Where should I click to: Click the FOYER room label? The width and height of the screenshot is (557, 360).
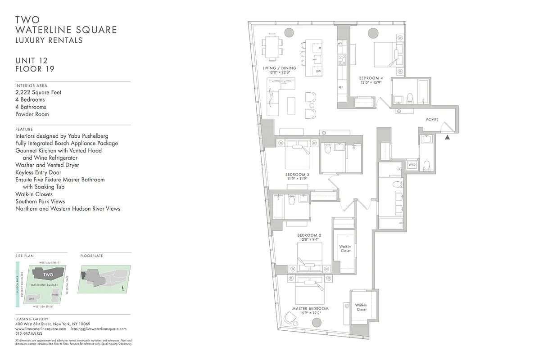(x=433, y=120)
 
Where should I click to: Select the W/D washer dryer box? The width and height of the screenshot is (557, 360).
(x=412, y=165)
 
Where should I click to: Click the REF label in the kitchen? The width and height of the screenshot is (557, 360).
(x=341, y=87)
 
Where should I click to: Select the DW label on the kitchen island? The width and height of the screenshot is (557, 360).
(x=318, y=72)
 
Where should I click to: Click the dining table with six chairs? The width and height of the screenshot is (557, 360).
(x=272, y=46)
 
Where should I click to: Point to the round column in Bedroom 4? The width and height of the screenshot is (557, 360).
(x=373, y=33)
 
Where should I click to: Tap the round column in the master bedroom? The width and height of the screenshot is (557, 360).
(x=317, y=323)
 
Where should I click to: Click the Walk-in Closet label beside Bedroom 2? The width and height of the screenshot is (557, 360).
(x=345, y=248)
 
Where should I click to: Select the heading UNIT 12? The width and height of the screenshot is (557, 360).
(x=32, y=61)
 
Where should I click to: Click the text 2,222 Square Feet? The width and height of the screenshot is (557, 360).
(x=38, y=92)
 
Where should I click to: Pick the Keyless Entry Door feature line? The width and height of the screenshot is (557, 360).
(x=38, y=172)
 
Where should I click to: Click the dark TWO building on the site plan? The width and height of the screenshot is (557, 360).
(x=48, y=274)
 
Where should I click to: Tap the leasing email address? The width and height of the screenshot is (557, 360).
(x=99, y=329)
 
